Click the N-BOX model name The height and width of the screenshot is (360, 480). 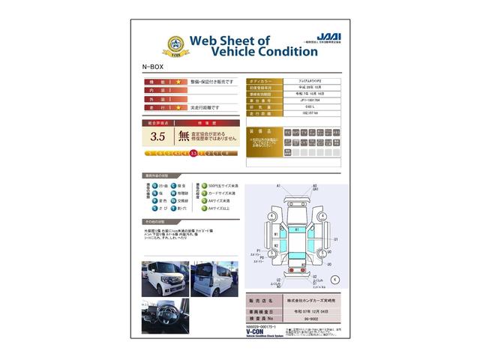152,67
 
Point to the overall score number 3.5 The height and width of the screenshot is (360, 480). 157,136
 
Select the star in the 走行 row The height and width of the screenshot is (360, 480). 178,108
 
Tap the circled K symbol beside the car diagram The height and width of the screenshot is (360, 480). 334,278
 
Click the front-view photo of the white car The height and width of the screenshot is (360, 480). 165,279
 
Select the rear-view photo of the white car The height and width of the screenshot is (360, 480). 214,279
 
